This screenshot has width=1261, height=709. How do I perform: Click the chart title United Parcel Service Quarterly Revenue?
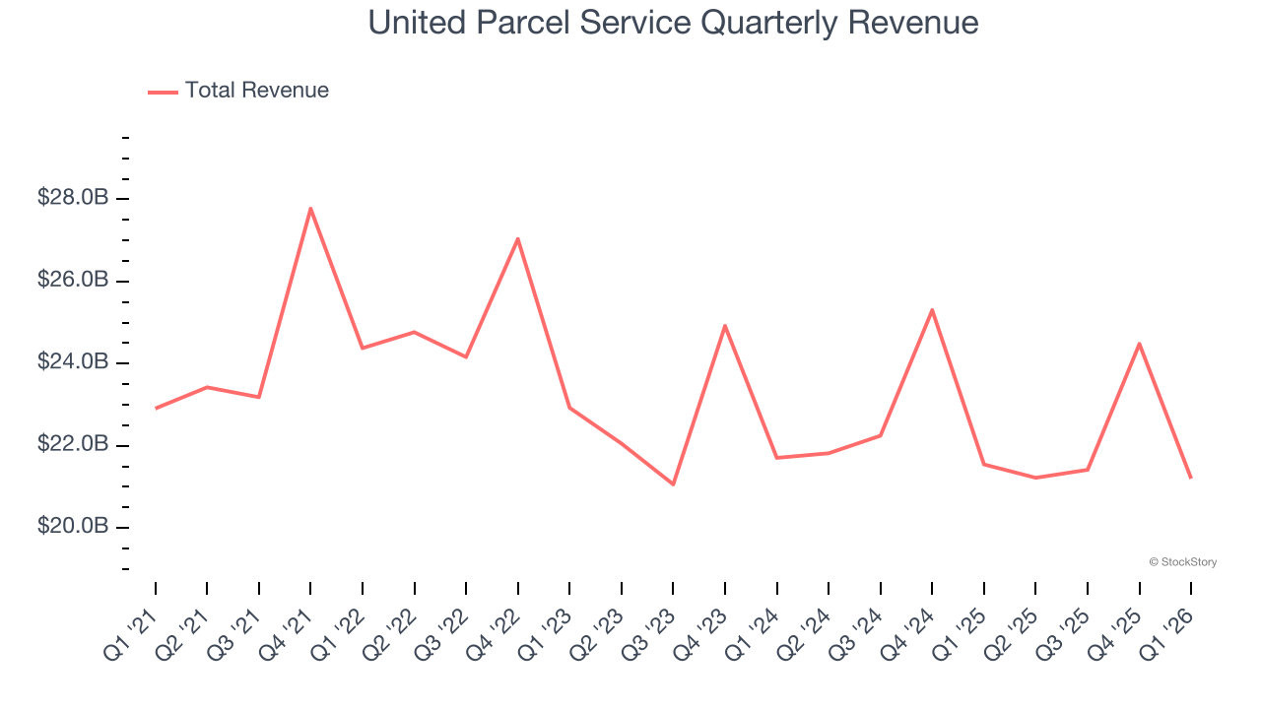(673, 23)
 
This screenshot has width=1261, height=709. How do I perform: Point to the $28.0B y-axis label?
(73, 198)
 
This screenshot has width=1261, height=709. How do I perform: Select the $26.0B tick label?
(73, 281)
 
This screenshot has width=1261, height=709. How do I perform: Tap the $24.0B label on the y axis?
(73, 362)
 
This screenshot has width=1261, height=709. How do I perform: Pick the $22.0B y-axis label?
(73, 445)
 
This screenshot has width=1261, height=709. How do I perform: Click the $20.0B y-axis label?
(73, 527)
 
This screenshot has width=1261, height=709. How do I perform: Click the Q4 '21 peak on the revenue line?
(310, 208)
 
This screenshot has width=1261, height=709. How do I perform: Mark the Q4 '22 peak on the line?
(517, 238)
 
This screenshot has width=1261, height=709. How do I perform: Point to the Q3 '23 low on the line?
(673, 484)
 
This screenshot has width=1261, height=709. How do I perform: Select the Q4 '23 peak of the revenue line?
(725, 325)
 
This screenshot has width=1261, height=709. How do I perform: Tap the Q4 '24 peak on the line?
(932, 309)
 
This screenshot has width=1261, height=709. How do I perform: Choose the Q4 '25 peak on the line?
(1140, 343)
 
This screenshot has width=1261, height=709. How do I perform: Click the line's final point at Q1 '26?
(1191, 478)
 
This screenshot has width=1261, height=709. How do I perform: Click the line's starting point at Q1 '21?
(156, 408)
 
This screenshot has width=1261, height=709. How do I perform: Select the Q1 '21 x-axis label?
(130, 634)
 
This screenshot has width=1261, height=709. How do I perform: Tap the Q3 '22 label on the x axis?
(441, 634)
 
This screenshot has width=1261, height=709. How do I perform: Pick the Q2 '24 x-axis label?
(804, 634)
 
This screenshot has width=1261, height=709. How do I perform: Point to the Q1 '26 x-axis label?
(1166, 634)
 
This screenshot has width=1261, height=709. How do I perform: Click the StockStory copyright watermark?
(1182, 562)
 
